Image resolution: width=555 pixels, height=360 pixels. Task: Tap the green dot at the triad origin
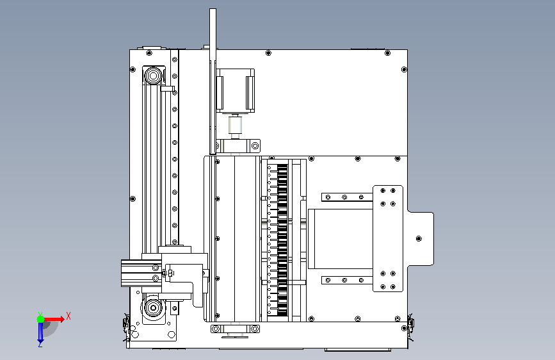point(40,318)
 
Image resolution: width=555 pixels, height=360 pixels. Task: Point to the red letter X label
point(68,316)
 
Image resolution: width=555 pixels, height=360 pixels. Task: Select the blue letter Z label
point(40,345)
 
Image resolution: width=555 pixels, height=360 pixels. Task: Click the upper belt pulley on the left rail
point(154,77)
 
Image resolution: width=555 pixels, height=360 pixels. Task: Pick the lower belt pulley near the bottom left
point(154,309)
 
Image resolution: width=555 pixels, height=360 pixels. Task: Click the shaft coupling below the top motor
point(234,126)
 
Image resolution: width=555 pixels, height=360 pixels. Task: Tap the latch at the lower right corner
point(408,324)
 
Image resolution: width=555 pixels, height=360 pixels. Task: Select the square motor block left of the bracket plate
point(339,238)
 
